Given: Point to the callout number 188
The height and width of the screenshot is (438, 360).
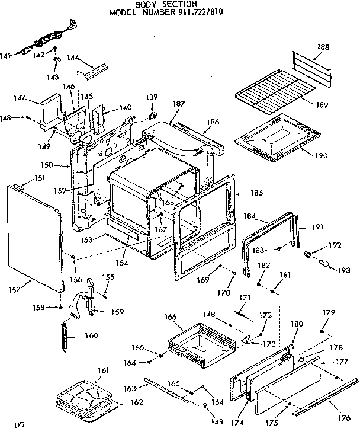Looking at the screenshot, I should (323, 47).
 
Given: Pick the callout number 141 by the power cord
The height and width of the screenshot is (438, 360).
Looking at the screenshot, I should (6, 56).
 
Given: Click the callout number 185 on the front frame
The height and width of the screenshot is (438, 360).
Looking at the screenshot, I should (240, 192).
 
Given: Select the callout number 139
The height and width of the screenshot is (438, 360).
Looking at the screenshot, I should (152, 97).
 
